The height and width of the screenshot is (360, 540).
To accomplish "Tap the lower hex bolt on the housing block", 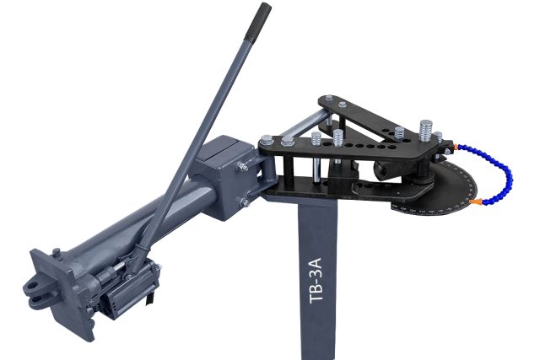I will coord(243,202).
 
